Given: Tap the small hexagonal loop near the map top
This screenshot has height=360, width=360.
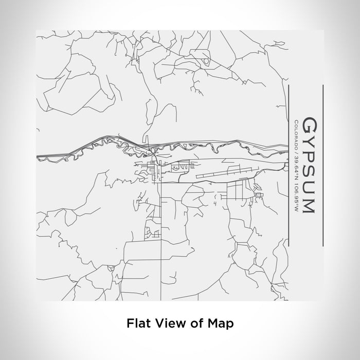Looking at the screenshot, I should pos(207,61).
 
